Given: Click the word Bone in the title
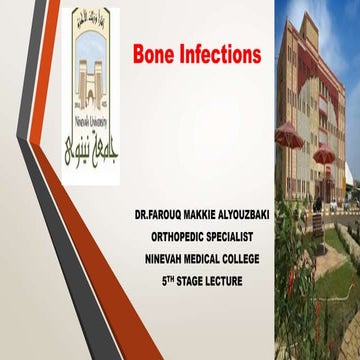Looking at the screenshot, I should point(156,54).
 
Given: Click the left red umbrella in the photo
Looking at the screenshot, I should point(289,136).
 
